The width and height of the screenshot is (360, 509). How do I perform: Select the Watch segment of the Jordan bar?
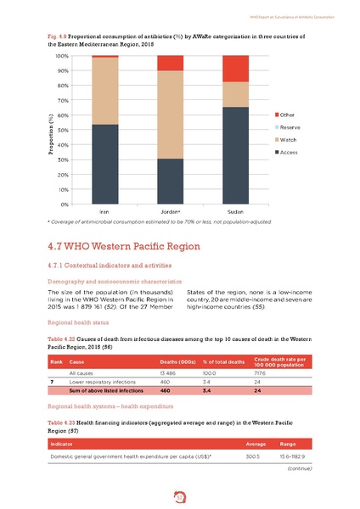tap(170, 115)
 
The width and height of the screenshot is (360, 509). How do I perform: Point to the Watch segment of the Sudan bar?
tap(235, 94)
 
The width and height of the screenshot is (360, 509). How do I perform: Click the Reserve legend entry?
tap(291, 126)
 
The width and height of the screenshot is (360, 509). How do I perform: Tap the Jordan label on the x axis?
tap(170, 211)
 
